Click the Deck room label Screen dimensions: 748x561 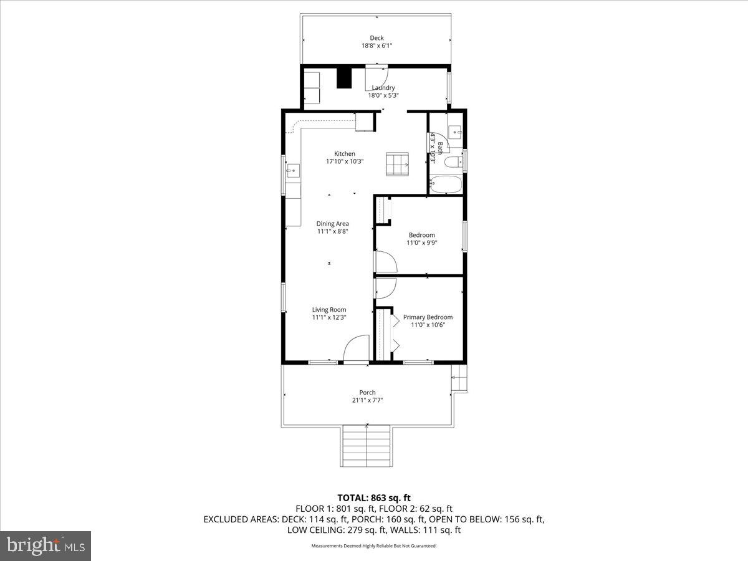click(376, 38)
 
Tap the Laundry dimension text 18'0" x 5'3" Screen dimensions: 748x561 click(383, 95)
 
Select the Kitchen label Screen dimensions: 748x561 click(345, 153)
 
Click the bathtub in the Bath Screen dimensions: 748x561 click(446, 185)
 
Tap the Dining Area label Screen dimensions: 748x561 click(332, 223)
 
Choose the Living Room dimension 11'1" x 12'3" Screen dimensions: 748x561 click(329, 317)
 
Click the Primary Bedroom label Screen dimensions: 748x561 click(428, 317)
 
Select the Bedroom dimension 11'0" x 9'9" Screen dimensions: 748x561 click(421, 243)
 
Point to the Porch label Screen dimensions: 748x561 click(367, 393)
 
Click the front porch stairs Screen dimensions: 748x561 click(367, 446)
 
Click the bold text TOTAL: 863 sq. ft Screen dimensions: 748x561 click(374, 497)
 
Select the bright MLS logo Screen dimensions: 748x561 click(46, 545)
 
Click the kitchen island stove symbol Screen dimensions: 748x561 click(397, 164)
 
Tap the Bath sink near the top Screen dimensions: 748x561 click(455, 132)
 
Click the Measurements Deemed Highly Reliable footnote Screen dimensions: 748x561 click(374, 546)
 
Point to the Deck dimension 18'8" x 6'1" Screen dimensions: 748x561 click(376, 46)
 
